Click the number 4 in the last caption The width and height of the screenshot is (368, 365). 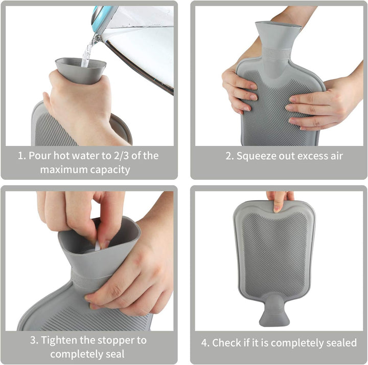(x=202, y=342)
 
